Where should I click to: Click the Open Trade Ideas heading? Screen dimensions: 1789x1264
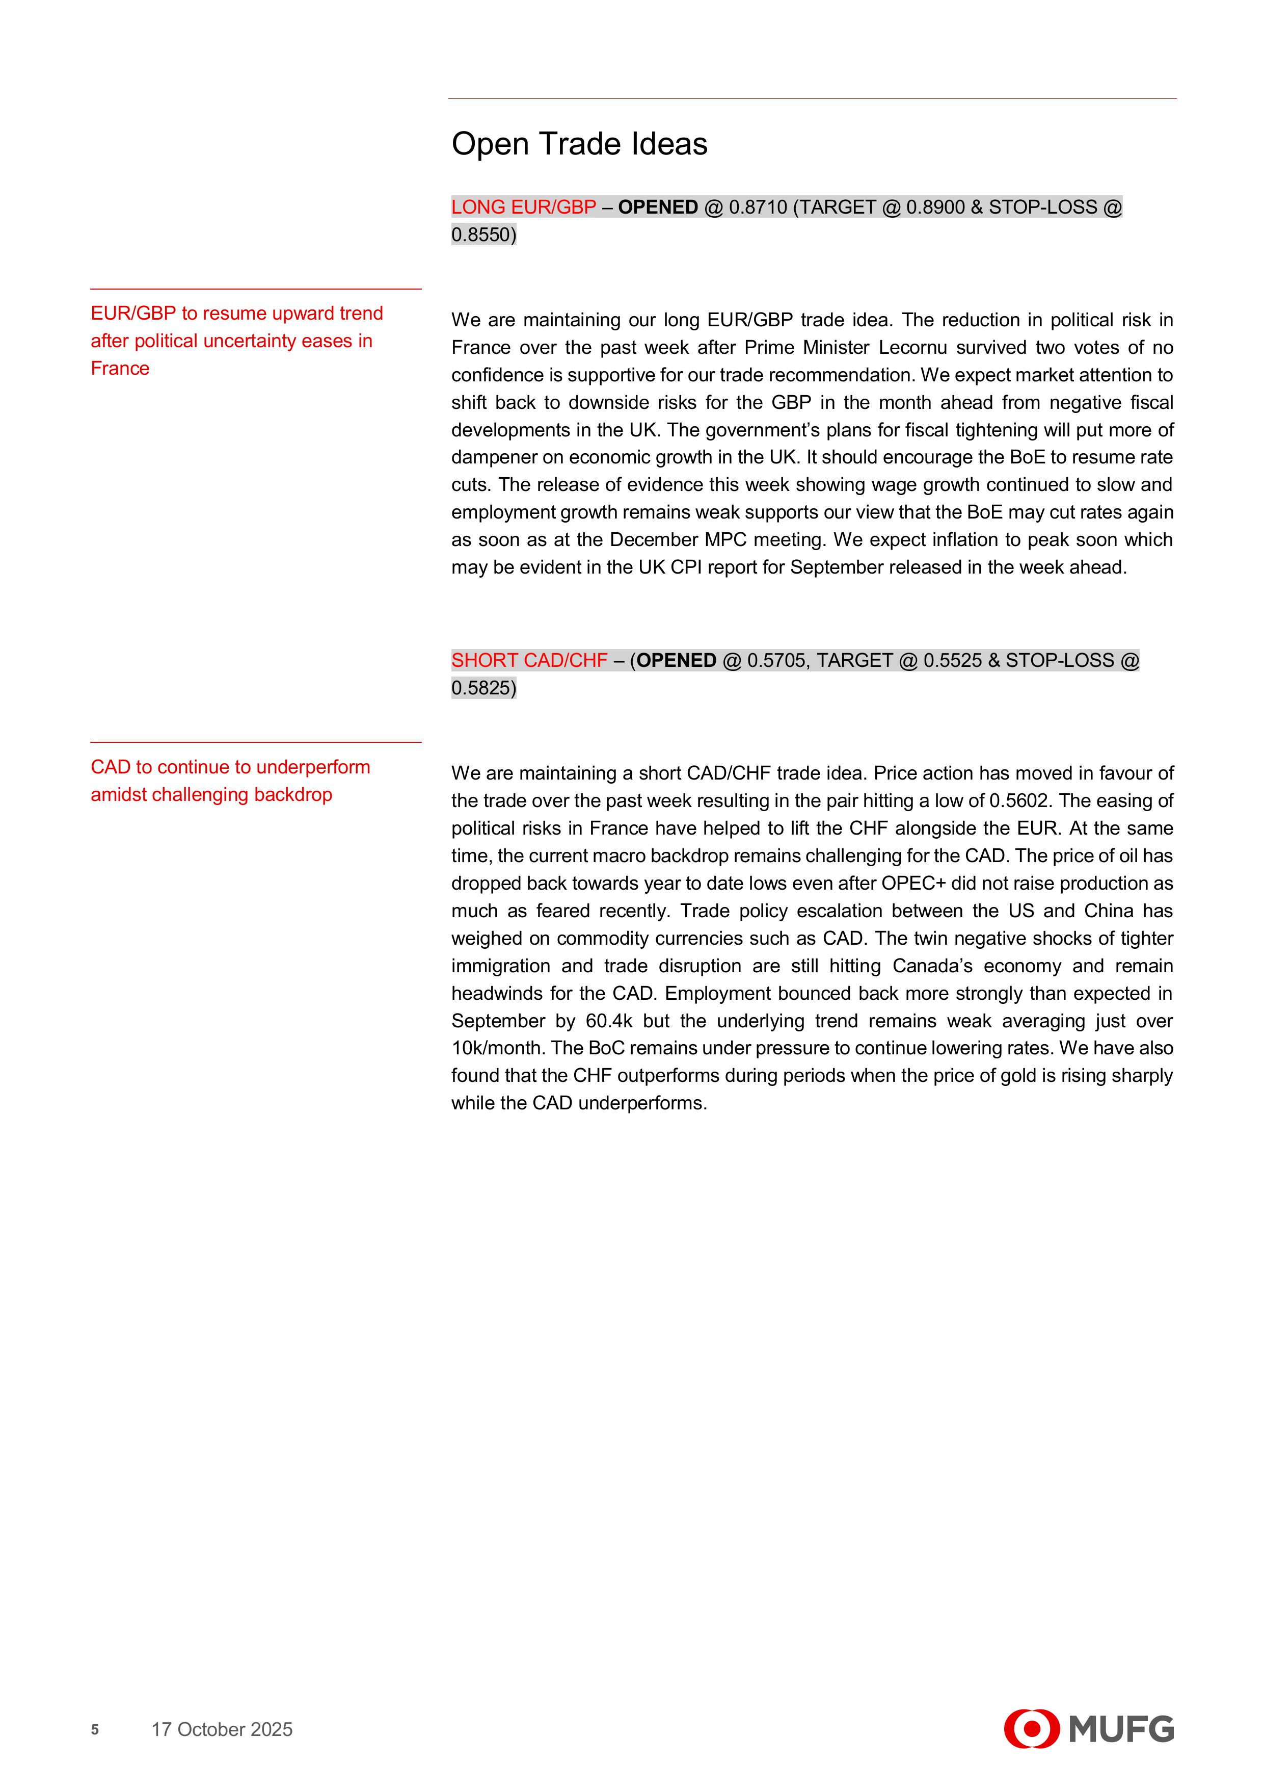(579, 144)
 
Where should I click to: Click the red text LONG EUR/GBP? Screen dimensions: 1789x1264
(523, 208)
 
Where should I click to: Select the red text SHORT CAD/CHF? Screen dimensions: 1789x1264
(529, 661)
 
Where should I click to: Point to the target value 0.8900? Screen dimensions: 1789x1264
(935, 208)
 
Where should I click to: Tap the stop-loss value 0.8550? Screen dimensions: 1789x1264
(483, 235)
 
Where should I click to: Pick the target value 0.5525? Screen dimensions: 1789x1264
(953, 661)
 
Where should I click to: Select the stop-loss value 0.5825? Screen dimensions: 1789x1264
(483, 688)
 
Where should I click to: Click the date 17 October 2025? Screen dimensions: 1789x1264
(222, 1729)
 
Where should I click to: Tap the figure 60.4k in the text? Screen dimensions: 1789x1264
(610, 1021)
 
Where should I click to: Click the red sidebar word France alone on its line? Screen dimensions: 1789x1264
(120, 369)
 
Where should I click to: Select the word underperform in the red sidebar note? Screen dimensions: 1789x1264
(313, 767)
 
